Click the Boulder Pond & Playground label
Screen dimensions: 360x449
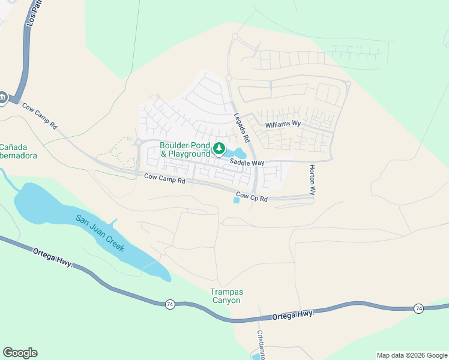coord(185,150)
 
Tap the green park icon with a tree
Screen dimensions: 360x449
coord(219,148)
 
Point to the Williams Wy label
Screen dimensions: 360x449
coord(282,124)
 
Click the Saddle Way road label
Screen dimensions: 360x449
coord(247,163)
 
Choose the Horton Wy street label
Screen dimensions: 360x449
coord(312,181)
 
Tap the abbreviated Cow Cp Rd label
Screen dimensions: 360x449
coord(252,197)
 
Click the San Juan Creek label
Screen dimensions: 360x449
coord(100,233)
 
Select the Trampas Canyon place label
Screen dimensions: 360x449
coord(226,296)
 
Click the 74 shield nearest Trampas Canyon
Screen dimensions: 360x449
coord(170,305)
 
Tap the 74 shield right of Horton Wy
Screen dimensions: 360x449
coord(418,308)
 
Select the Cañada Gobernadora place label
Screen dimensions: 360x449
coord(18,151)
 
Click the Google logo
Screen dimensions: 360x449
coord(20,353)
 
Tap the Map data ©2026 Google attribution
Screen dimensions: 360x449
coord(411,355)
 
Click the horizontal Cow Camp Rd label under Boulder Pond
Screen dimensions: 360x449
coord(165,178)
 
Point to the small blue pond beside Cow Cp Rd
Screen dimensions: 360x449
coord(236,200)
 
